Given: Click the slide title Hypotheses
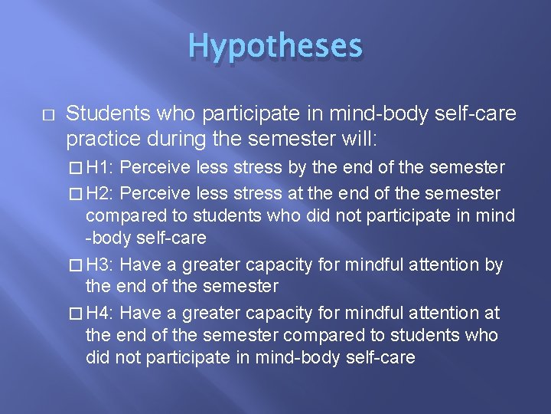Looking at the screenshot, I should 275,46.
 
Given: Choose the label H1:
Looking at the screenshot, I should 101,167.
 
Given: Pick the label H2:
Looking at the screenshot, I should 101,193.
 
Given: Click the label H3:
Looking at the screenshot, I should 101,265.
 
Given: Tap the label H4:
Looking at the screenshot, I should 101,313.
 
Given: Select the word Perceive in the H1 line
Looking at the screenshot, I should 157,167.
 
